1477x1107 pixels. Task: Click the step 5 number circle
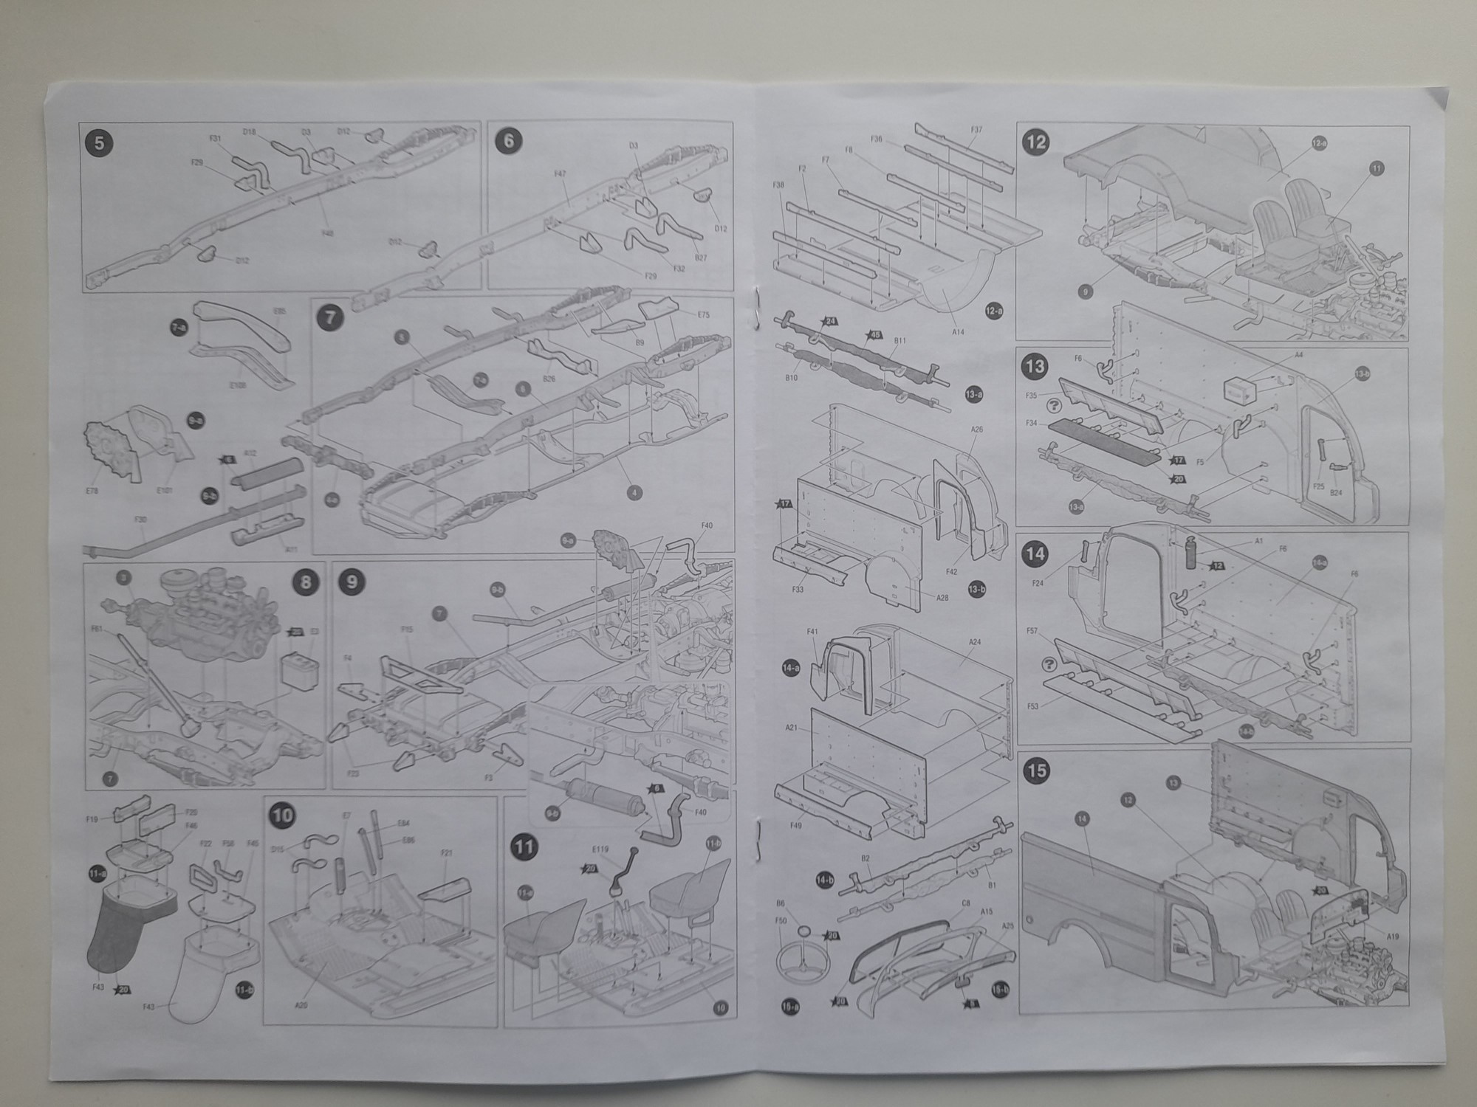(100, 142)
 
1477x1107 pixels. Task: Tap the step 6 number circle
(510, 140)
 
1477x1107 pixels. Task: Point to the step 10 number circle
(282, 815)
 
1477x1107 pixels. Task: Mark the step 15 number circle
(1037, 770)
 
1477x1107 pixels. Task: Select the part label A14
(958, 332)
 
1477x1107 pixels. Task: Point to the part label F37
(976, 130)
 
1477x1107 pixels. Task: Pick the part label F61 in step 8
(97, 629)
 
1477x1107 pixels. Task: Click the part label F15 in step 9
(406, 630)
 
